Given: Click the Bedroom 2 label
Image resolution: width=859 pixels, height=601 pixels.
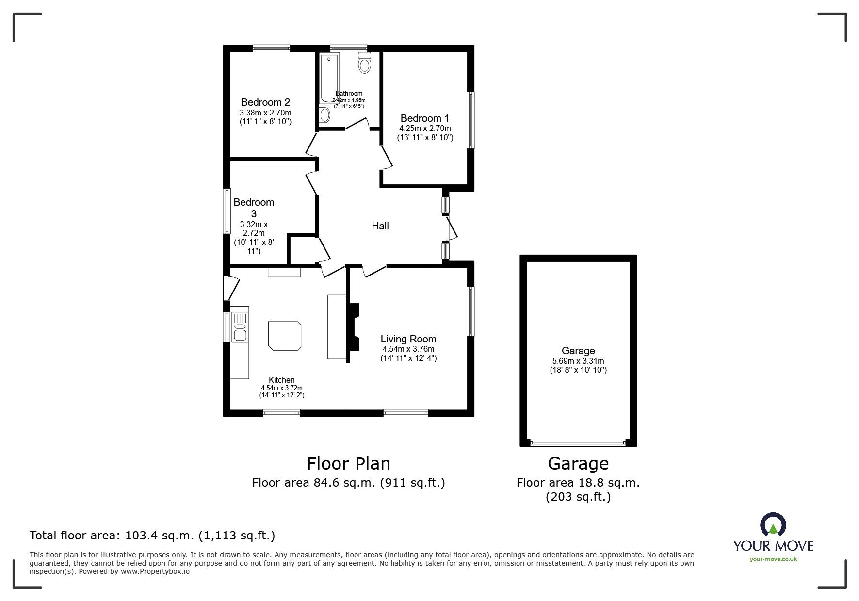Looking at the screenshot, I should [265, 102].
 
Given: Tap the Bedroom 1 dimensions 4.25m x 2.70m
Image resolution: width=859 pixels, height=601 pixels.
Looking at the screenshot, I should [425, 129].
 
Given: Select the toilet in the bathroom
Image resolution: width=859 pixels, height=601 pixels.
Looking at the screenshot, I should [365, 63].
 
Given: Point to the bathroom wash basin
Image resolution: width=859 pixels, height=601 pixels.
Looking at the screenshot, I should [324, 115].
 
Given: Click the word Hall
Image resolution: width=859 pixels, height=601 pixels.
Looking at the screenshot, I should [380, 226].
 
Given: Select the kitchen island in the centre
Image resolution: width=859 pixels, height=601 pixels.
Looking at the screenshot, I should [285, 335].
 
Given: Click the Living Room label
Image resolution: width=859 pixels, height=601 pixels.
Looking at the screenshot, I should [408, 339].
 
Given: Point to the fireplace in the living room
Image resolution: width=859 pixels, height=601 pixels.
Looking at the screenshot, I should [355, 327].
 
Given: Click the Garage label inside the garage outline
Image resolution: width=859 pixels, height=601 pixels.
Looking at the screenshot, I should [578, 351].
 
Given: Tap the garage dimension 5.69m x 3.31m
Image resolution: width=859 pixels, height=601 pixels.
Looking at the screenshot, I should [578, 361].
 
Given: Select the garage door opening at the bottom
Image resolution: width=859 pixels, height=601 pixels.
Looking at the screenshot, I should [578, 443].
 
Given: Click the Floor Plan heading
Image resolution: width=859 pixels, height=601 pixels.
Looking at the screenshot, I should [348, 464].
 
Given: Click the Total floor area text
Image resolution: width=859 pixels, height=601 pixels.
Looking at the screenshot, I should [152, 536].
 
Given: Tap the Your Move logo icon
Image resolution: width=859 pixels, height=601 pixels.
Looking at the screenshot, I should [773, 525].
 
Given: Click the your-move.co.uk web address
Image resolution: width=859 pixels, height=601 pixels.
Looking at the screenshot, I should [773, 559].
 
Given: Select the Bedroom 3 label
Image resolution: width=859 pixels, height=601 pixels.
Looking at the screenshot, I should [254, 208].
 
